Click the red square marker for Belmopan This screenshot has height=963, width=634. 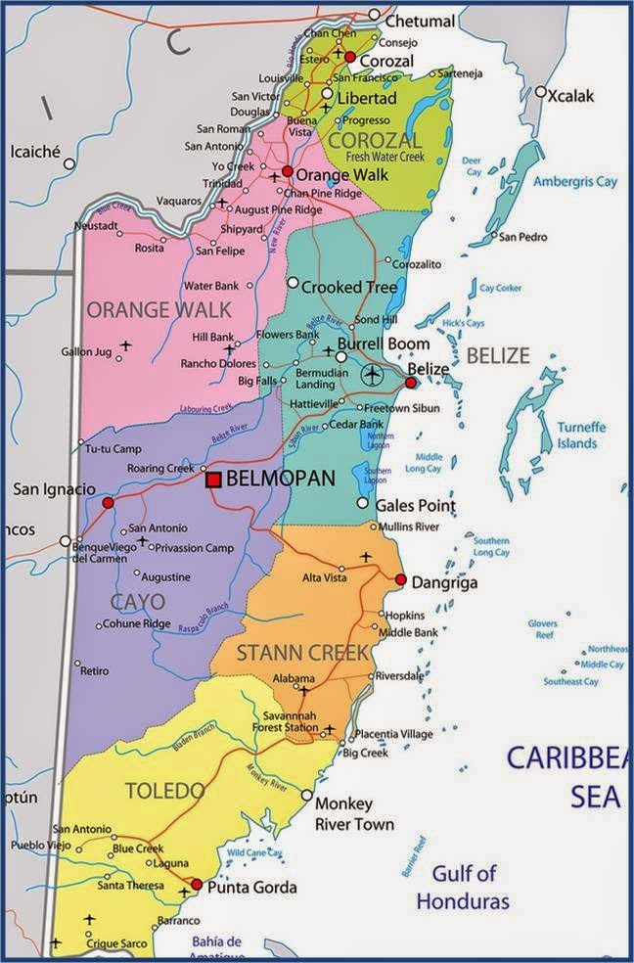212,480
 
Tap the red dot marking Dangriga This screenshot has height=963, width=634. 400,580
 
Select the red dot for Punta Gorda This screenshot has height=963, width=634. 197,884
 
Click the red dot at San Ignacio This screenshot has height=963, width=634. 108,503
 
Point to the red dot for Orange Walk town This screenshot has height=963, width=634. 288,171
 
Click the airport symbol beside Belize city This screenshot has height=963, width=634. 372,374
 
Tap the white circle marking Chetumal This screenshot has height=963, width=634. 374,15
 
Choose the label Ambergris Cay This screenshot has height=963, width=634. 575,182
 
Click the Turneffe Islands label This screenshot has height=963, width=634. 577,436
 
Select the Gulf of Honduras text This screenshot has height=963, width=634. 464,887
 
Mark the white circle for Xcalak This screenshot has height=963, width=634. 540,91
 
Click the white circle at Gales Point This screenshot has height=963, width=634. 363,503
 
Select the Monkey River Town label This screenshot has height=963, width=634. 354,814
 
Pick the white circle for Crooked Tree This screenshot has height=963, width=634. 292,282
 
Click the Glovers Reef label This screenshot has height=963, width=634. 542,629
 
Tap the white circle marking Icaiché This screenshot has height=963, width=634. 69,163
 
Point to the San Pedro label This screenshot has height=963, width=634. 523,237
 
